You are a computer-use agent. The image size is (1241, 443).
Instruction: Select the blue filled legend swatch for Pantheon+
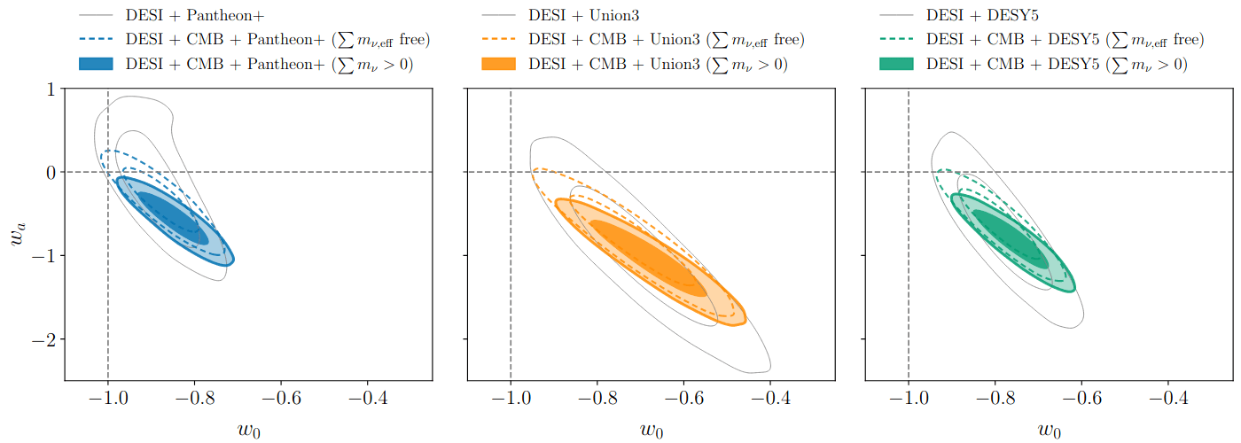97,64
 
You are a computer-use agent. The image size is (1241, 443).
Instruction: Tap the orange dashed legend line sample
500,40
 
